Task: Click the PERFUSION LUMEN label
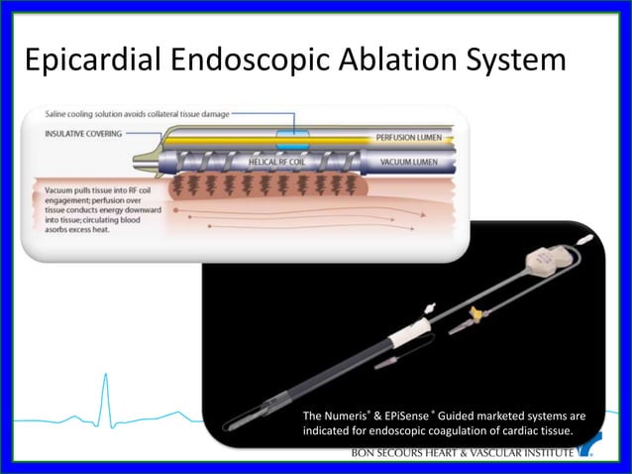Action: click(409, 137)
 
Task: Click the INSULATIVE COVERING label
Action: click(83, 134)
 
